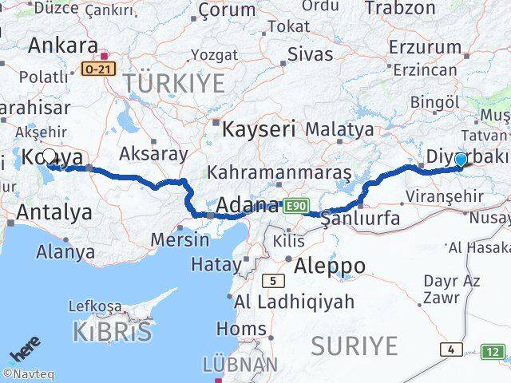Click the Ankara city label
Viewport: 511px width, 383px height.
point(62,45)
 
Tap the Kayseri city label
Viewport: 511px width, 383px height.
point(258,128)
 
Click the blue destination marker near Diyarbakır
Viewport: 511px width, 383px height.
point(461,160)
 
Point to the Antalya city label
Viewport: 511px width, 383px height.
point(53,212)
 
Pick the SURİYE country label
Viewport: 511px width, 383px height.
point(354,345)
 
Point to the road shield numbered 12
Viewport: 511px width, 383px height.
point(493,351)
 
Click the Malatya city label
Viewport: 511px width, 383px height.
point(339,128)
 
